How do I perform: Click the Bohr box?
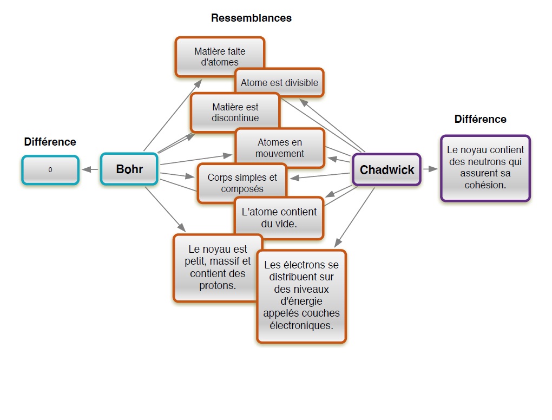pyautogui.click(x=129, y=169)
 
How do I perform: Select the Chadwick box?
pyautogui.click(x=386, y=169)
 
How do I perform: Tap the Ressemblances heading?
pyautogui.click(x=251, y=18)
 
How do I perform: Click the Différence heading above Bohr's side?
pyautogui.click(x=50, y=142)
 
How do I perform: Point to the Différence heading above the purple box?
pyautogui.click(x=480, y=119)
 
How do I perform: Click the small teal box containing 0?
pyautogui.click(x=50, y=170)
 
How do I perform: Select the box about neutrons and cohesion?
pyautogui.click(x=485, y=168)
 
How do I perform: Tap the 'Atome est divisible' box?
pyautogui.click(x=279, y=83)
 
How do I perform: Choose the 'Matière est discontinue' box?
pyautogui.click(x=235, y=112)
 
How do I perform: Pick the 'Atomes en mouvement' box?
pyautogui.click(x=279, y=148)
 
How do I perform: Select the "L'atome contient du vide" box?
pyautogui.click(x=279, y=218)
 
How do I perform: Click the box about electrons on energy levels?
pyautogui.click(x=301, y=296)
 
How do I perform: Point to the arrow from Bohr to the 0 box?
pyautogui.click(x=90, y=169)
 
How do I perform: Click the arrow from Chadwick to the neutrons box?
pyautogui.click(x=430, y=169)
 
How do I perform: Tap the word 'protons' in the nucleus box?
pyautogui.click(x=218, y=285)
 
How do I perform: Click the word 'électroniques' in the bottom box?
pyautogui.click(x=301, y=325)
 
